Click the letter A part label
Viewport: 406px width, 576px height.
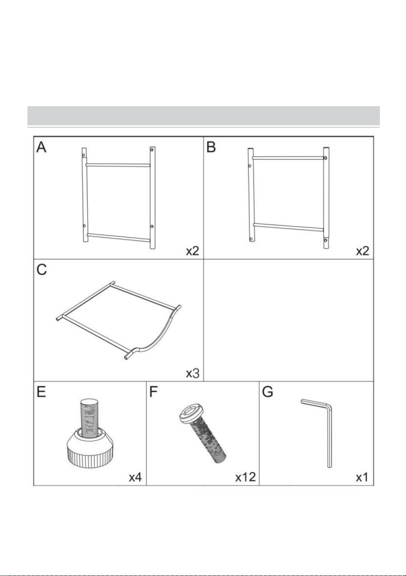click(41, 147)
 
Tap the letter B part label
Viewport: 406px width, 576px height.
click(211, 147)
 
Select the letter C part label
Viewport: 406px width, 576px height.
click(42, 270)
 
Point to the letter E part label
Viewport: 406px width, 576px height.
click(41, 392)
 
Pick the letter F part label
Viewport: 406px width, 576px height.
click(153, 392)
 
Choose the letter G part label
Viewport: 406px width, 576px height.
click(267, 392)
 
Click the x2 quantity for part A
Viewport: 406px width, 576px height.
click(193, 251)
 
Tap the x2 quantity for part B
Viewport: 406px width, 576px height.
click(362, 251)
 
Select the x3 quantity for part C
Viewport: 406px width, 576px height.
click(193, 373)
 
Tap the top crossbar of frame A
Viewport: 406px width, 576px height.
click(118, 165)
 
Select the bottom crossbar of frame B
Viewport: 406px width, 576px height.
click(289, 227)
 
